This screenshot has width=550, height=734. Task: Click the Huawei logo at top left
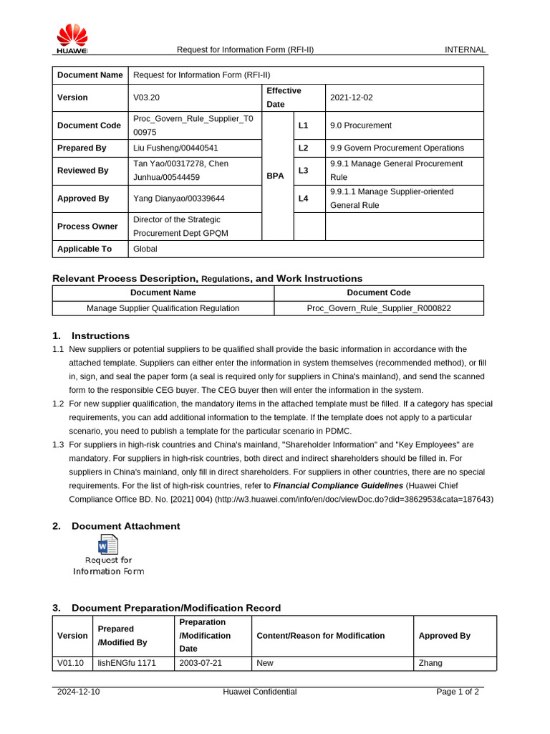(72, 39)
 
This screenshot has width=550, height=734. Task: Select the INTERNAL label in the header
(465, 50)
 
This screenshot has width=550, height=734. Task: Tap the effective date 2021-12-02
(352, 97)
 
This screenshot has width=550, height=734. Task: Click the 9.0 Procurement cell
(361, 125)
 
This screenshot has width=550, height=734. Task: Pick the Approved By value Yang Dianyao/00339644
(179, 199)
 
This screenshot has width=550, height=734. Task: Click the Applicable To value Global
(145, 249)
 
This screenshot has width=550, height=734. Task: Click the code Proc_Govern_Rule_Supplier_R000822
(379, 308)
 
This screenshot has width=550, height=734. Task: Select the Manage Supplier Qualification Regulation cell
(163, 308)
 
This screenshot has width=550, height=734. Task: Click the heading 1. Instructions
(91, 336)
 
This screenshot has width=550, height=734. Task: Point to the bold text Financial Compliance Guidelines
(338, 485)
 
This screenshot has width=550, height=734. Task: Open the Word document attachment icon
(108, 545)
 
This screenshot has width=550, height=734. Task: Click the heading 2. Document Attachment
(117, 526)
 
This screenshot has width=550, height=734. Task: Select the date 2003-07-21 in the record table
(201, 663)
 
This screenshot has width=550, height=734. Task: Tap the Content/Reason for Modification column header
(320, 636)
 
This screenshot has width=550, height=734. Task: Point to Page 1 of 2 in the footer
(458, 692)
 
